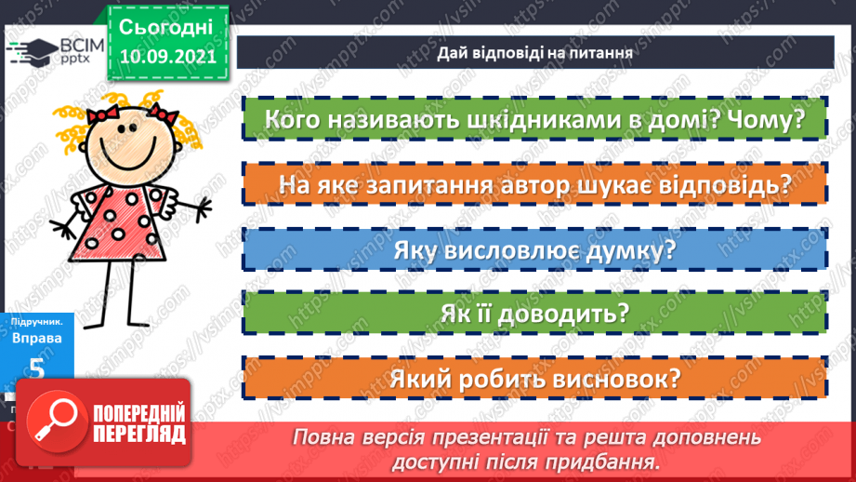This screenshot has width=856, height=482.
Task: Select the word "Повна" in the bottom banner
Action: (321, 436)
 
